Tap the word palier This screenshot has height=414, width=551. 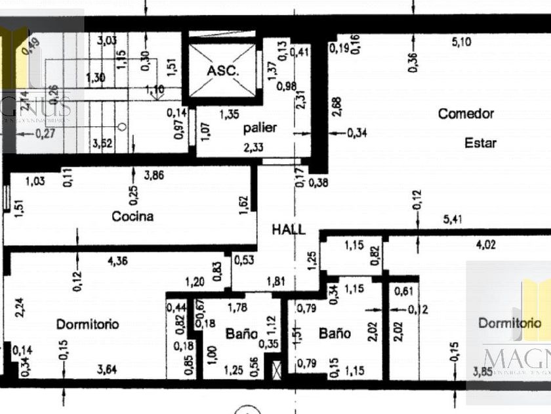tap(260, 127)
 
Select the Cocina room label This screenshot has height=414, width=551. tap(133, 216)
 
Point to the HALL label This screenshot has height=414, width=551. tap(289, 229)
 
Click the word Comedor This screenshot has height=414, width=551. tap(466, 114)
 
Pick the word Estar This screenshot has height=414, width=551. tap(480, 143)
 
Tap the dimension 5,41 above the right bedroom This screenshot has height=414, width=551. tap(453, 219)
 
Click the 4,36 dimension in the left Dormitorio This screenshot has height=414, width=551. tap(118, 262)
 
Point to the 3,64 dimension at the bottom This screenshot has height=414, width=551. tap(108, 370)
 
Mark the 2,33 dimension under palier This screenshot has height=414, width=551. tap(253, 148)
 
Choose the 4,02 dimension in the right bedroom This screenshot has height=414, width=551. tap(485, 246)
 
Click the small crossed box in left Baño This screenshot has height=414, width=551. tap(276, 370)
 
